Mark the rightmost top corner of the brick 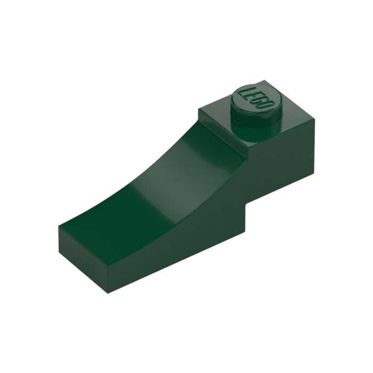point(314,119)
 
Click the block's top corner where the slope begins point(199,110)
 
